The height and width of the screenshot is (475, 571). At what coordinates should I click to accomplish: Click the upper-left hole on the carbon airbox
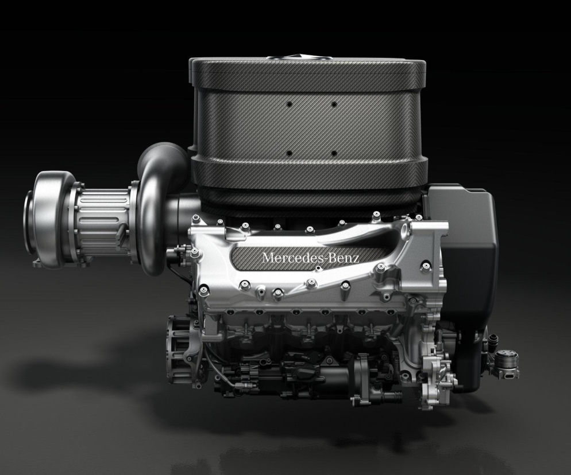pos(290,104)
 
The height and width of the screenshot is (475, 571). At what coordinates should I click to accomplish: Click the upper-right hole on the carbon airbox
pos(334,104)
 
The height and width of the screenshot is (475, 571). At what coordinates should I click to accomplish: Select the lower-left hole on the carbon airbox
pos(290,154)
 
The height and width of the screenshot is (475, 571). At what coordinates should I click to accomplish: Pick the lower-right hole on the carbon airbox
pos(334,154)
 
